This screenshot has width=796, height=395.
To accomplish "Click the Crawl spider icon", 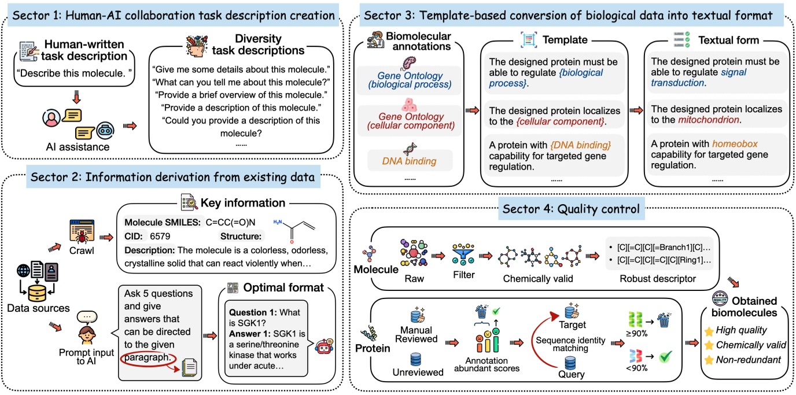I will click(x=82, y=230).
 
